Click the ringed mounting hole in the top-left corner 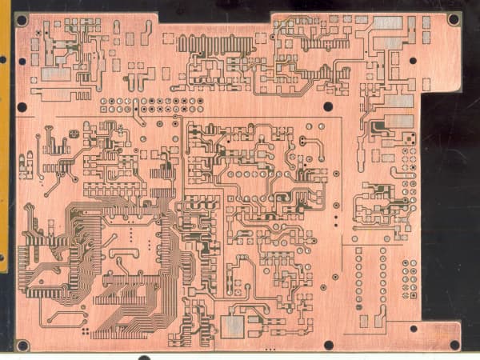pos(22,19)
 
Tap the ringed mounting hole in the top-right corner pos(454,18)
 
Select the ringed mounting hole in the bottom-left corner pos(22,346)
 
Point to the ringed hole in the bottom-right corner pos(454,345)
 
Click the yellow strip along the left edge pos(5,136)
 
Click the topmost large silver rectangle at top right pos(388,23)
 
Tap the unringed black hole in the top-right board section pos(413,60)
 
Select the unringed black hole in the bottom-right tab pos(414,328)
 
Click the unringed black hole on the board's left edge pos(22,106)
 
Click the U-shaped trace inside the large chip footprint pos(119,255)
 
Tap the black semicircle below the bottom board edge pos(144,357)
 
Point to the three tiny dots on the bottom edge pos(269,350)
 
